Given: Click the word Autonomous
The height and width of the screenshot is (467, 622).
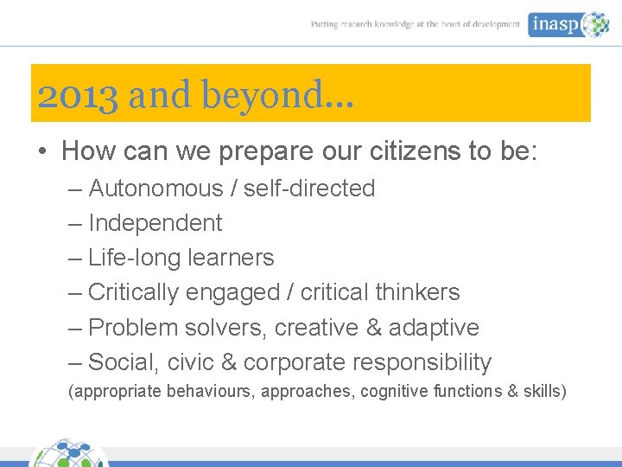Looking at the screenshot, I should [x=156, y=189].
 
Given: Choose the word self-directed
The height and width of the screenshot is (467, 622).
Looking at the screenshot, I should [x=309, y=189].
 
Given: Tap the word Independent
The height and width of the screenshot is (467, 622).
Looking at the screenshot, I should [x=155, y=223].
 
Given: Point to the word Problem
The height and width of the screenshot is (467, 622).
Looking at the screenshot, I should [x=130, y=328].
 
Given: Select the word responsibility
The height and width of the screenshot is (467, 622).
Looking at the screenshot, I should [x=422, y=362].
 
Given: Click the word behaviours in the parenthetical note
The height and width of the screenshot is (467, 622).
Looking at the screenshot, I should [x=211, y=392].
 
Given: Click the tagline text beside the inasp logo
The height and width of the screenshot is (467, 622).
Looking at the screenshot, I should [x=416, y=25].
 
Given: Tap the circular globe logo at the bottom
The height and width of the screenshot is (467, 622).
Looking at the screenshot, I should [x=69, y=453].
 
